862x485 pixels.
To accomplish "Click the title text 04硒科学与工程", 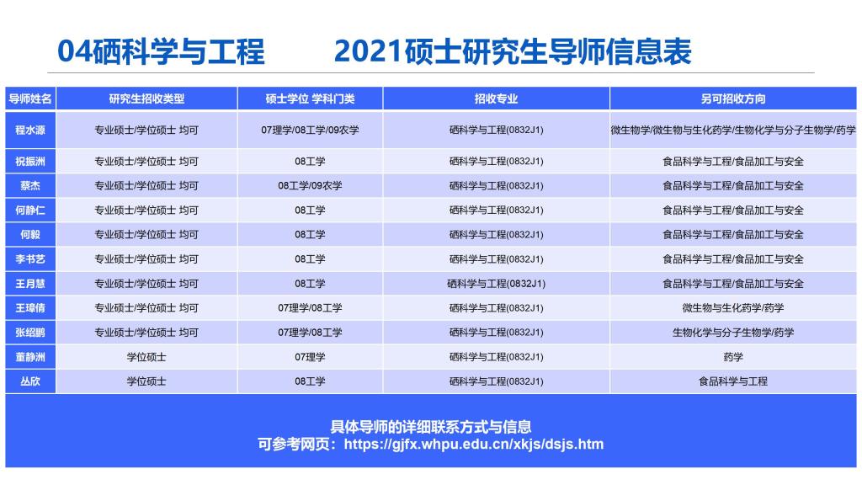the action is tap(161, 51).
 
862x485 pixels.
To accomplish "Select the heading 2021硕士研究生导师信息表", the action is tap(513, 51).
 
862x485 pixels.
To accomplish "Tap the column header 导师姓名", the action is tap(30, 99).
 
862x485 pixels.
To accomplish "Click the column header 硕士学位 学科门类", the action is tap(310, 99).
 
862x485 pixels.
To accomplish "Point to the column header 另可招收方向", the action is tap(733, 99).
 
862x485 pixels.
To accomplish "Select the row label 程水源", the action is tap(30, 131).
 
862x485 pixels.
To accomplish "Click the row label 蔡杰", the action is tap(30, 186).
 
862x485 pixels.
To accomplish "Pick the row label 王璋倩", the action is tap(30, 308).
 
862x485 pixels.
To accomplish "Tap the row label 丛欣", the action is tap(30, 381).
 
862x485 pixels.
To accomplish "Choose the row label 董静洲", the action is tap(30, 357).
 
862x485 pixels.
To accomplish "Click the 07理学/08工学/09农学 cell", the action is tap(310, 131).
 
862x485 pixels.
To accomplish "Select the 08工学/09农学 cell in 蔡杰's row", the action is tap(310, 186).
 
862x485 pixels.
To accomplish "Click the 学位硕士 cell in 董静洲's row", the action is tap(146, 357).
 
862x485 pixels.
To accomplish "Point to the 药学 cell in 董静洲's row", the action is tap(733, 357).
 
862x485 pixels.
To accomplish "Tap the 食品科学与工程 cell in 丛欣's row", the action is tap(733, 381).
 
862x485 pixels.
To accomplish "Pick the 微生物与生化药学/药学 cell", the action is tap(733, 308).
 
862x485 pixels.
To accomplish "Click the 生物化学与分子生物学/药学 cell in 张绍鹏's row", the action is tap(733, 332).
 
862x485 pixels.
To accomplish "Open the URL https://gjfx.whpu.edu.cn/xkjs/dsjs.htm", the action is tap(473, 445).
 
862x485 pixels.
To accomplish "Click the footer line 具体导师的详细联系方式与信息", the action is tap(431, 427).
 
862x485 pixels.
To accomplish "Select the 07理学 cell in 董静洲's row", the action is tap(310, 357).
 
